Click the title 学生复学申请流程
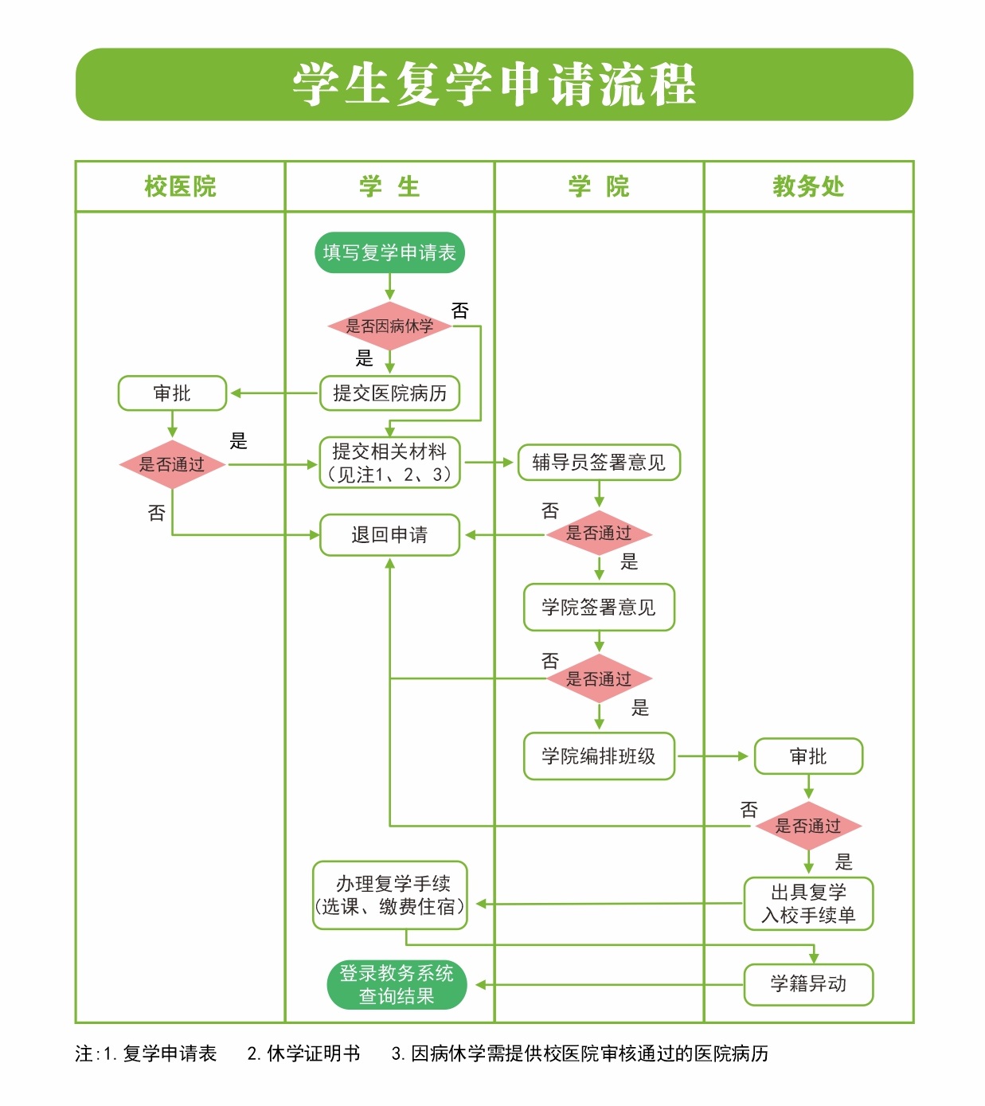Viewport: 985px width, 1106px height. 494,84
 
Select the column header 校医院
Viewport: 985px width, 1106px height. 180,186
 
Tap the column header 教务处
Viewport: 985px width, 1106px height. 807,186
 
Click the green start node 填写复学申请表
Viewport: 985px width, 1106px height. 389,252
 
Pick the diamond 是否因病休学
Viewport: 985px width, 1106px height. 389,326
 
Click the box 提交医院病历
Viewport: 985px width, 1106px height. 389,393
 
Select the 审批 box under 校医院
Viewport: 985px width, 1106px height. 172,393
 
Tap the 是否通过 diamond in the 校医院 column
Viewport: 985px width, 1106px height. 172,464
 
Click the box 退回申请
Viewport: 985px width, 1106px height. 389,535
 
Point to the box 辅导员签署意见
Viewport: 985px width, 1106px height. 599,463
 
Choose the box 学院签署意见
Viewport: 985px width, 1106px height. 599,608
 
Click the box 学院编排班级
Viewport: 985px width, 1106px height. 599,756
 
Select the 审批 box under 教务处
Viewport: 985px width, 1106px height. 808,756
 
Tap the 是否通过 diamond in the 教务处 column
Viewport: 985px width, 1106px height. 808,826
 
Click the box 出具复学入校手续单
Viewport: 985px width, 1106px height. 808,904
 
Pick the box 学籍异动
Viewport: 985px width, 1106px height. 808,984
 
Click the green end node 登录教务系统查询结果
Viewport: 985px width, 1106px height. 396,985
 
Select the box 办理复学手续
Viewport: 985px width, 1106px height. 389,895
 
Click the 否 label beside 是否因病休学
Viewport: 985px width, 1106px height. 460,311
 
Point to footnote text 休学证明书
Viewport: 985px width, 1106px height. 314,1053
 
